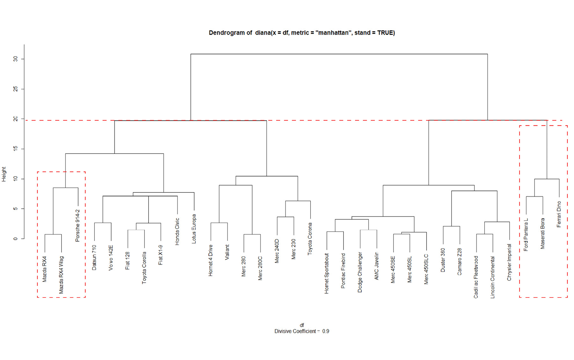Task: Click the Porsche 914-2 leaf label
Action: click(77, 226)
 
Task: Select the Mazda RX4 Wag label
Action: click(61, 275)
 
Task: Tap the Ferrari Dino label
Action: click(559, 214)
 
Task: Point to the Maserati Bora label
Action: click(542, 233)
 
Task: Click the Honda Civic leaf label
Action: click(177, 232)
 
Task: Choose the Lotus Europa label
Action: click(194, 229)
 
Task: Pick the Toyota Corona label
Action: click(310, 239)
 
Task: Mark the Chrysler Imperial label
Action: click(509, 262)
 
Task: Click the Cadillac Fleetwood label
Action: click(476, 277)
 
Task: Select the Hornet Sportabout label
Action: click(327, 274)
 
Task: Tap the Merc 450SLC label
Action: click(426, 269)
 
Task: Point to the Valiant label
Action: click(227, 252)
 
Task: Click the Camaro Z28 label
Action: click(459, 262)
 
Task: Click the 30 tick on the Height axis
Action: click(15, 59)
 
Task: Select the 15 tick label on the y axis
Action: click(15, 149)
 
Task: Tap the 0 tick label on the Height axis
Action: click(15, 239)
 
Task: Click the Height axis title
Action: click(4, 174)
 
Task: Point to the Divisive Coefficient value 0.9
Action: click(326, 331)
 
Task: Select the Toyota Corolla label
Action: click(144, 267)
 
